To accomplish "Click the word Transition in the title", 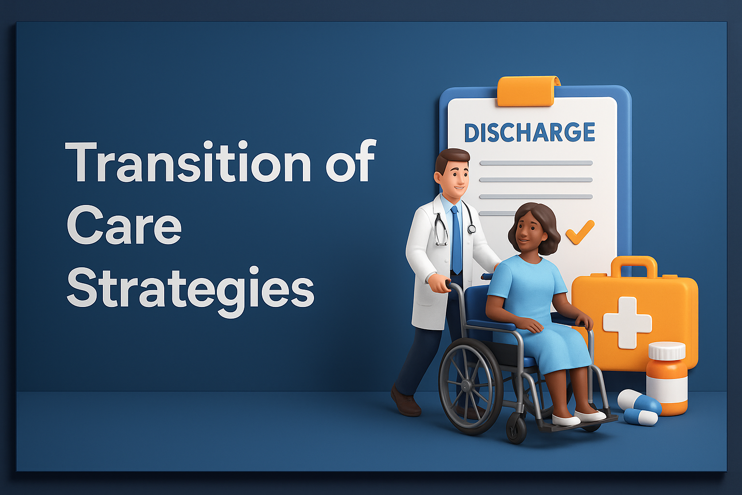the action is (188, 161).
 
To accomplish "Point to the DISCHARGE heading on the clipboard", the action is (529, 132).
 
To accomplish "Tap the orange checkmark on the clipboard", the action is (580, 232).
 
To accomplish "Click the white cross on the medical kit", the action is (627, 322).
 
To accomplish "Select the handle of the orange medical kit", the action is (634, 265).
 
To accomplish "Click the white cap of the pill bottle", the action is (667, 351).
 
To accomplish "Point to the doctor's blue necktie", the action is (456, 239).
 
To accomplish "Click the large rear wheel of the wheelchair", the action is (471, 386).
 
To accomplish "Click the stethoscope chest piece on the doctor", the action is (471, 229).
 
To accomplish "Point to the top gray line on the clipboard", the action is (536, 163).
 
